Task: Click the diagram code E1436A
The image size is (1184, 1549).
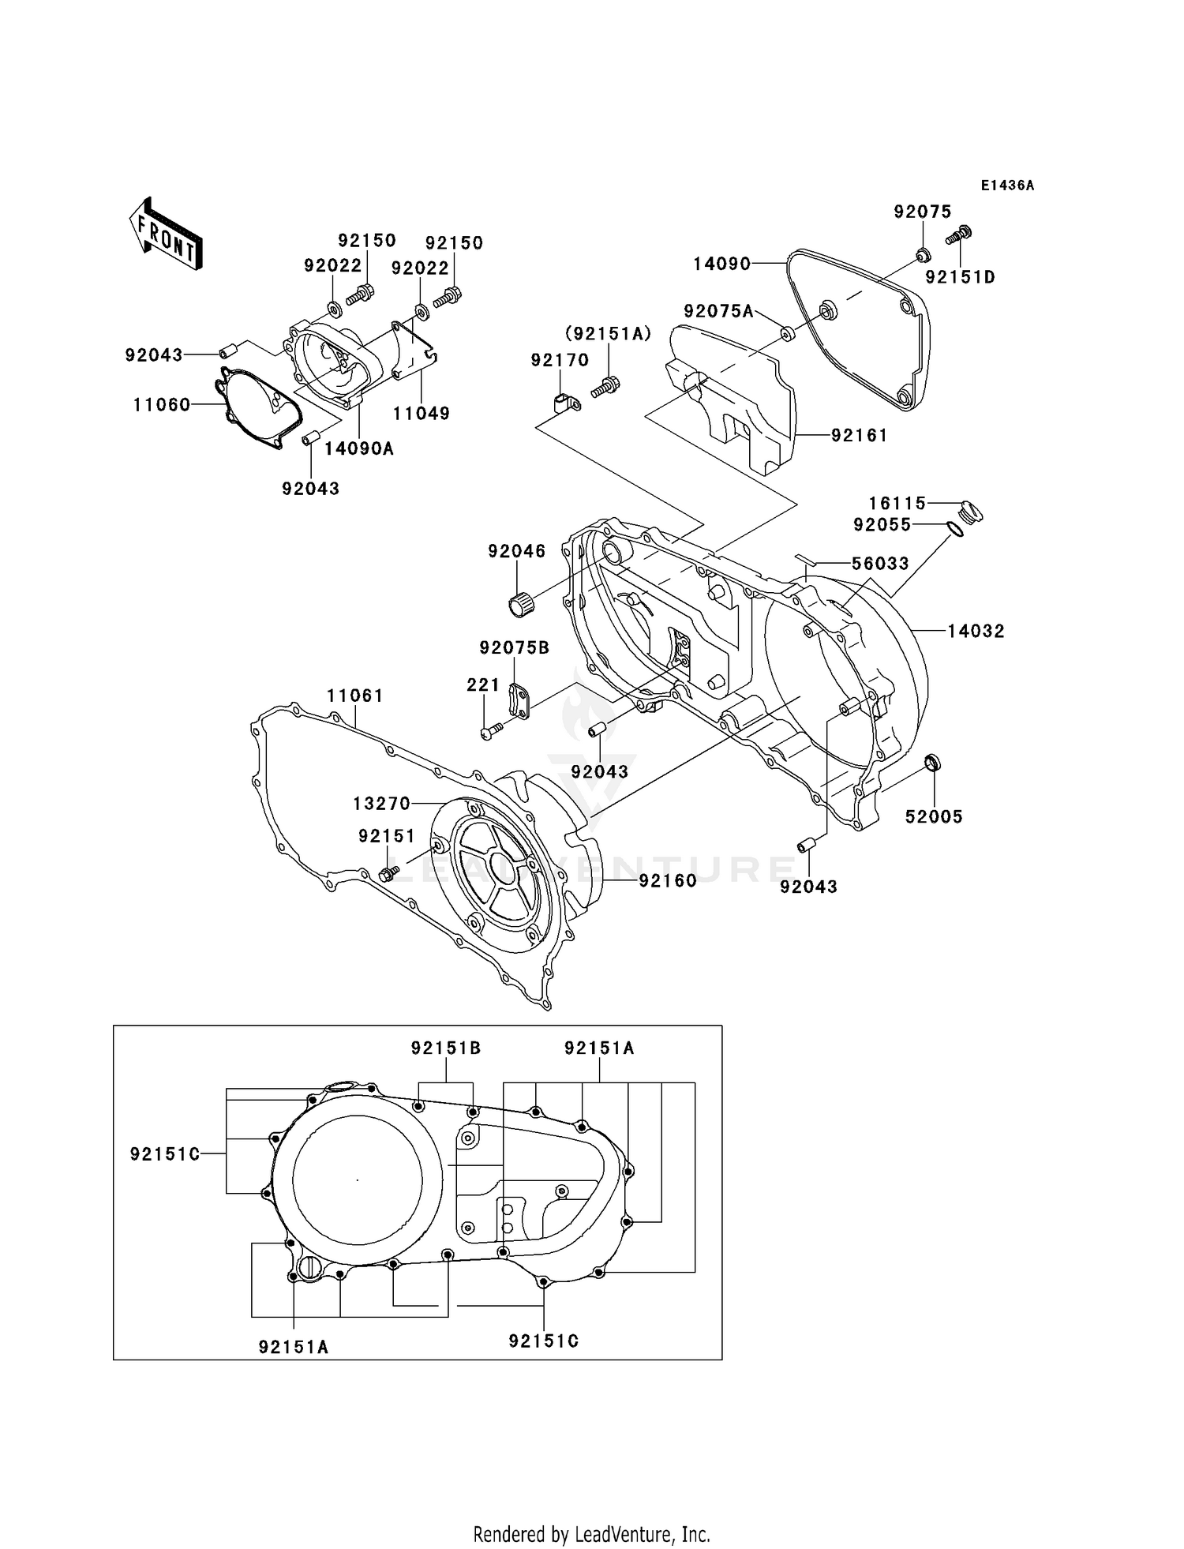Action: click(1007, 186)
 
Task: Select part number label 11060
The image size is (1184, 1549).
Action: click(161, 405)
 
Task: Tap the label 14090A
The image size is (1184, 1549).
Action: click(359, 449)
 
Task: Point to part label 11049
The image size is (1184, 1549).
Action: click(422, 413)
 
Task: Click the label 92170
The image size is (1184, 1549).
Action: click(560, 360)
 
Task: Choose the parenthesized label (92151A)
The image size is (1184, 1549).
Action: click(608, 334)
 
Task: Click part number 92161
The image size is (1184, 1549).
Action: click(859, 435)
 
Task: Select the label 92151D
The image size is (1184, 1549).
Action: click(960, 277)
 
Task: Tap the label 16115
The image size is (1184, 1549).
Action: click(897, 503)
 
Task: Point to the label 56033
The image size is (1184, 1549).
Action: click(880, 564)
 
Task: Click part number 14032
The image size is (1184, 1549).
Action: click(976, 631)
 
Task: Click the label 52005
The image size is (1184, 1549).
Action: click(934, 817)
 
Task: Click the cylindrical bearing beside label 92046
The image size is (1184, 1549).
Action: click(517, 606)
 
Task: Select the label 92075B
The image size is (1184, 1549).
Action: click(514, 647)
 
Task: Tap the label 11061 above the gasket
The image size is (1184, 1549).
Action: click(355, 696)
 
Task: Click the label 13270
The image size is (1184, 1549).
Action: click(381, 804)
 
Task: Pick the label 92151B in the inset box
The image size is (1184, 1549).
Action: click(445, 1048)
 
